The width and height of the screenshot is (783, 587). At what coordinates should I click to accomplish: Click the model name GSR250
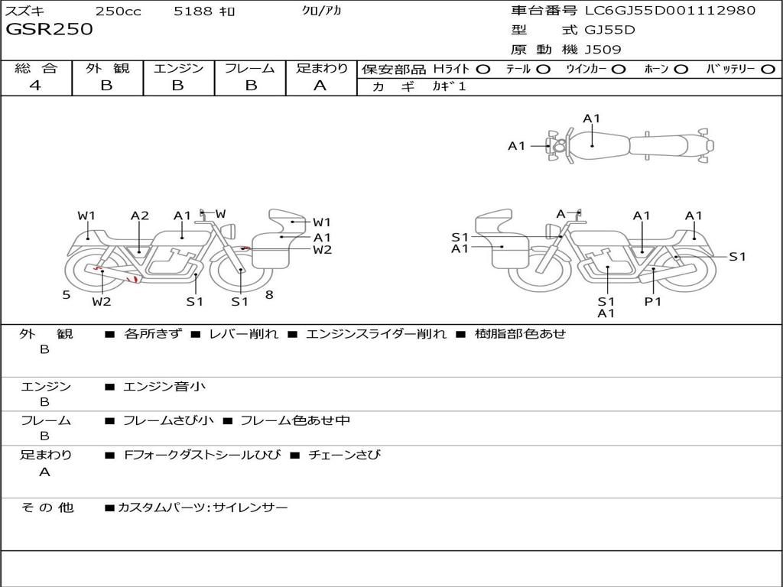[49, 29]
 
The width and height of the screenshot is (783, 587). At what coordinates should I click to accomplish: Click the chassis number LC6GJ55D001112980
[670, 10]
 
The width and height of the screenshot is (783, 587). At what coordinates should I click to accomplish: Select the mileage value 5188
[193, 11]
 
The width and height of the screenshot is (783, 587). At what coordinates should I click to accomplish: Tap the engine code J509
[603, 50]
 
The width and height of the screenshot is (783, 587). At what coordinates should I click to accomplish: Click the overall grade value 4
[35, 86]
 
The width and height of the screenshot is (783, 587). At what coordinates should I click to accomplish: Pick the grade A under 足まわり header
[320, 86]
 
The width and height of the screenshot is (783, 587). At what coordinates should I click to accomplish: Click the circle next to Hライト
[483, 70]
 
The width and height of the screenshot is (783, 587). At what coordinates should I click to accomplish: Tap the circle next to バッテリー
[768, 70]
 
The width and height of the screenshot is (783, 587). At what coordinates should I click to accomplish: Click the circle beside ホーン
[681, 70]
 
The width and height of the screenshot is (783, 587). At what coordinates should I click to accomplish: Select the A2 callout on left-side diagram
[140, 216]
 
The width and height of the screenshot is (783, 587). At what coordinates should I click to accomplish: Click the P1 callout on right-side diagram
[653, 301]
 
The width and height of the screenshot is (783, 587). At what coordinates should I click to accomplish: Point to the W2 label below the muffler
[102, 301]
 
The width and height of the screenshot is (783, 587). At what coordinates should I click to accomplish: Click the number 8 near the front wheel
[269, 295]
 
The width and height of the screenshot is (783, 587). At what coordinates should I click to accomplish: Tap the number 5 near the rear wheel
[67, 295]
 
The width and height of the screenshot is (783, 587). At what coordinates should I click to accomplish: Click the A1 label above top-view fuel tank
[591, 118]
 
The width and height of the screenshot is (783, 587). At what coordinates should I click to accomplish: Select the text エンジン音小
[164, 386]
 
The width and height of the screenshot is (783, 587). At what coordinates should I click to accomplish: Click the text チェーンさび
[345, 455]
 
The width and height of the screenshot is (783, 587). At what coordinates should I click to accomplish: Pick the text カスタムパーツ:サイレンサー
[203, 508]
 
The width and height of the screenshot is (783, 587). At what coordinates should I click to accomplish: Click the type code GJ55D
[609, 30]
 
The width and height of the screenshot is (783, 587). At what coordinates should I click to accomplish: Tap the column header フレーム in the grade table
[250, 68]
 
